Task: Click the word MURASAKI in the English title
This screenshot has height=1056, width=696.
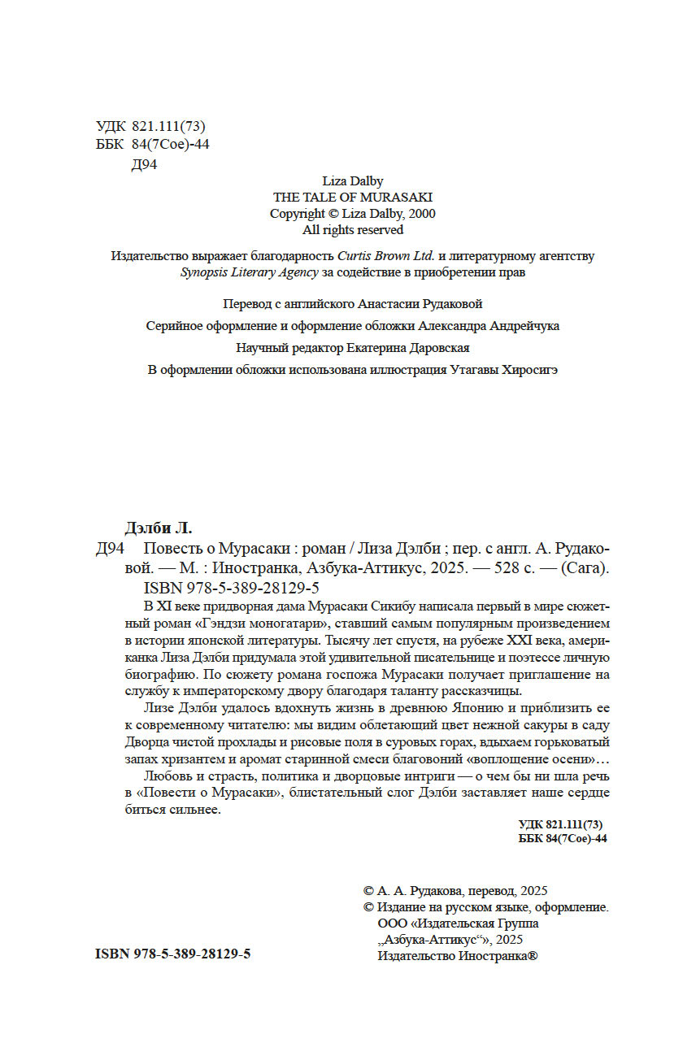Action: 398,197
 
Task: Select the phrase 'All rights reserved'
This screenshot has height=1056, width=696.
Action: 353,229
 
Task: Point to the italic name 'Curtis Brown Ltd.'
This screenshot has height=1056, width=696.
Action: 386,256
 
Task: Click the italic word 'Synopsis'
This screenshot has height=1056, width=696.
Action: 204,273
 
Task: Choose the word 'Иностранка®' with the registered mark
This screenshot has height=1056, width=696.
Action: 498,956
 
